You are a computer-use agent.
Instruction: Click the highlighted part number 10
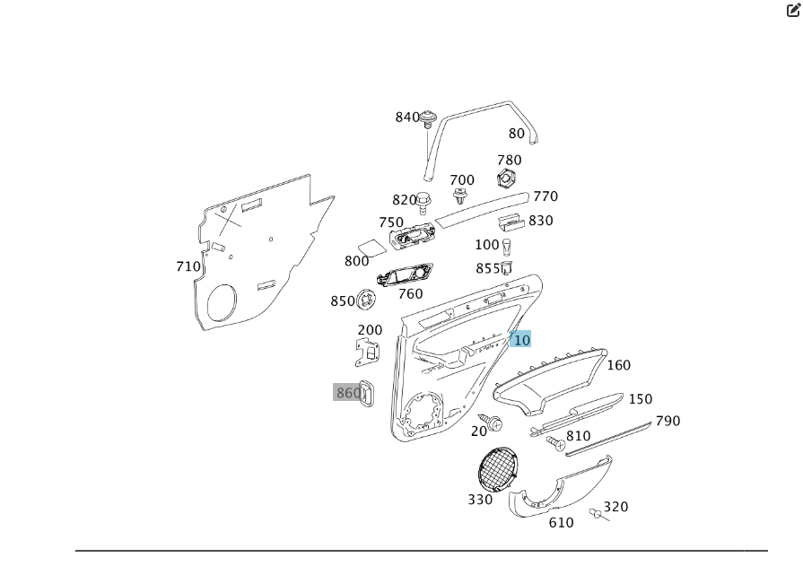520,340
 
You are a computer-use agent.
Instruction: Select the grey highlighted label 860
347,392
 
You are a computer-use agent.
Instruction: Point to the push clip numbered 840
428,117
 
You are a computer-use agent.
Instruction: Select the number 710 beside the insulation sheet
188,266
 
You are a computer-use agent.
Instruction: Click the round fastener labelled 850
365,299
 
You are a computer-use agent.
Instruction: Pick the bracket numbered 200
368,353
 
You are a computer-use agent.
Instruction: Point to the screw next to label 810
555,443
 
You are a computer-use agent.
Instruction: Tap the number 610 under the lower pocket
561,523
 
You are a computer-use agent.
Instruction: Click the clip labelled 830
512,222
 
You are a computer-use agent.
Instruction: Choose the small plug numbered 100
507,246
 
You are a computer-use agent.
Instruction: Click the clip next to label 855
506,267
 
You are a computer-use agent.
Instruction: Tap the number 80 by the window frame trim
517,134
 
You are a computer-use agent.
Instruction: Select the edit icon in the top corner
792,11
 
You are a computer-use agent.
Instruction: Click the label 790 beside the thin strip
668,421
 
